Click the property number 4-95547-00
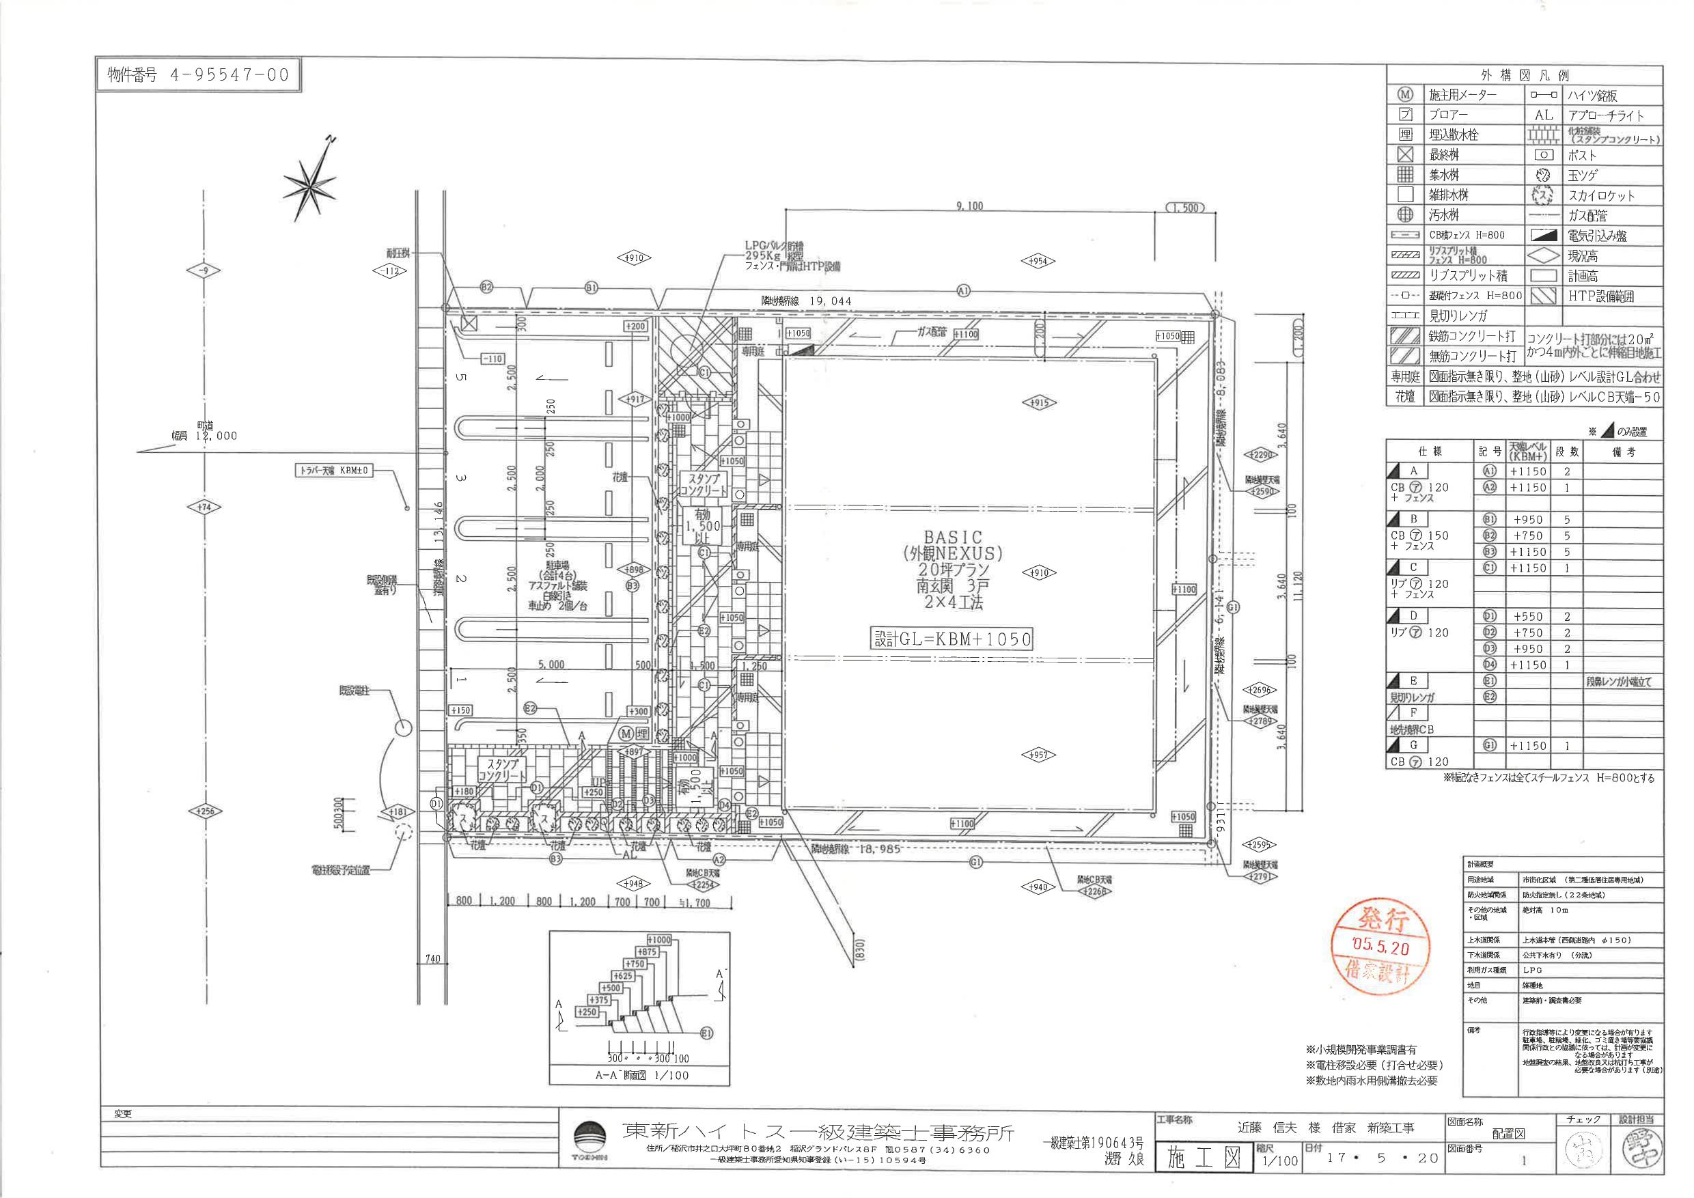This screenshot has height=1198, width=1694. click(199, 74)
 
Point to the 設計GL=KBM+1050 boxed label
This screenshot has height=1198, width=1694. click(952, 638)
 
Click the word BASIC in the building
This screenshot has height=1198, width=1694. click(952, 537)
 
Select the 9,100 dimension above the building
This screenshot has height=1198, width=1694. click(969, 206)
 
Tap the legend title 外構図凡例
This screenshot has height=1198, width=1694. click(1525, 75)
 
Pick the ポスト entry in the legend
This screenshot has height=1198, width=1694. click(1582, 155)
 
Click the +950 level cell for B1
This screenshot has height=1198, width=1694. click(1527, 519)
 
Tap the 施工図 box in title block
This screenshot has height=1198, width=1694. click(1204, 1158)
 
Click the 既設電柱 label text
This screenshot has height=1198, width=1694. click(353, 691)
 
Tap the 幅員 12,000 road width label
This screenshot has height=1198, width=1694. click(204, 435)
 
